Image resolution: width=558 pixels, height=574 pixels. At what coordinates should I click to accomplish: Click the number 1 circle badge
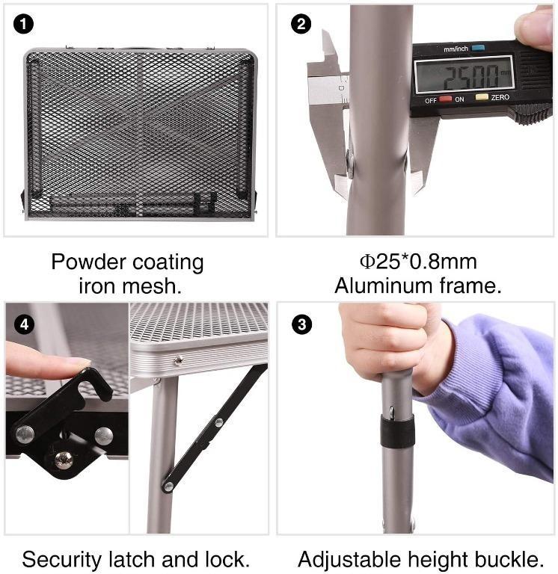23,24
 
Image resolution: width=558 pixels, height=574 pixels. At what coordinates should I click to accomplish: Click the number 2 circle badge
301,24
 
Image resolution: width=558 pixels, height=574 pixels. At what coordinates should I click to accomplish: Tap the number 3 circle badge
301,324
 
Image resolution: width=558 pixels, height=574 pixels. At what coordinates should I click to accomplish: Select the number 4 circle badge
24,324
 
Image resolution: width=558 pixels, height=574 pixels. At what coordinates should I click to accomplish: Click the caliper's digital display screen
465,75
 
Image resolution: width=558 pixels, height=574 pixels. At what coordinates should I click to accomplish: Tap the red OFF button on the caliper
445,99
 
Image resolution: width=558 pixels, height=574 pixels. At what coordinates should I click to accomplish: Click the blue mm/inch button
478,48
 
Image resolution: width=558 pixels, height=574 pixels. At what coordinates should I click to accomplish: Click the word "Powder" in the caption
88,262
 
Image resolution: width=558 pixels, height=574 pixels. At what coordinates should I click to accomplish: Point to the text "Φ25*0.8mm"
418,262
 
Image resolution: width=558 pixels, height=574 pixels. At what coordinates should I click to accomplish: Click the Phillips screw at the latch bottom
64,460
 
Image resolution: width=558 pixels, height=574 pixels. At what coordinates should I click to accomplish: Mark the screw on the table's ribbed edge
179,360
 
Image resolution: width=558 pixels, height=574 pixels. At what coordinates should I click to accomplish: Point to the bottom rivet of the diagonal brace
168,487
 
